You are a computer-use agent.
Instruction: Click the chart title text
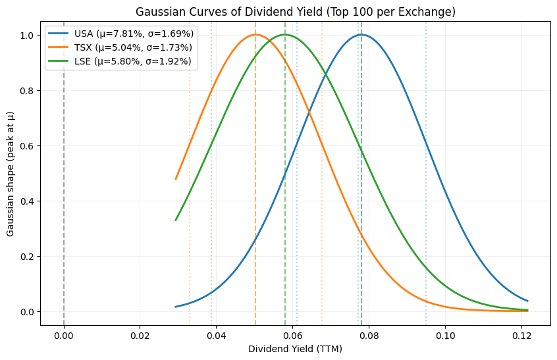coord(295,11)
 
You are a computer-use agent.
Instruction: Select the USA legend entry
coord(118,34)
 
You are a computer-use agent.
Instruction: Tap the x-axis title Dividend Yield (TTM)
coord(295,349)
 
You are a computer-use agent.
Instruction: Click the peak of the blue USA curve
coord(361,35)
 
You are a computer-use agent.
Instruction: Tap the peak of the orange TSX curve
coord(255,35)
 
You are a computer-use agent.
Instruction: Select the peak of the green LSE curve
coord(285,35)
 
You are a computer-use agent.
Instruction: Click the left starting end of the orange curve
coord(176,179)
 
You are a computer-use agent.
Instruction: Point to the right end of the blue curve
coord(527,301)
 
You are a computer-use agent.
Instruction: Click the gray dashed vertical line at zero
coord(64,197)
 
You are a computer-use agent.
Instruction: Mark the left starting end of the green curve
coord(176,220)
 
